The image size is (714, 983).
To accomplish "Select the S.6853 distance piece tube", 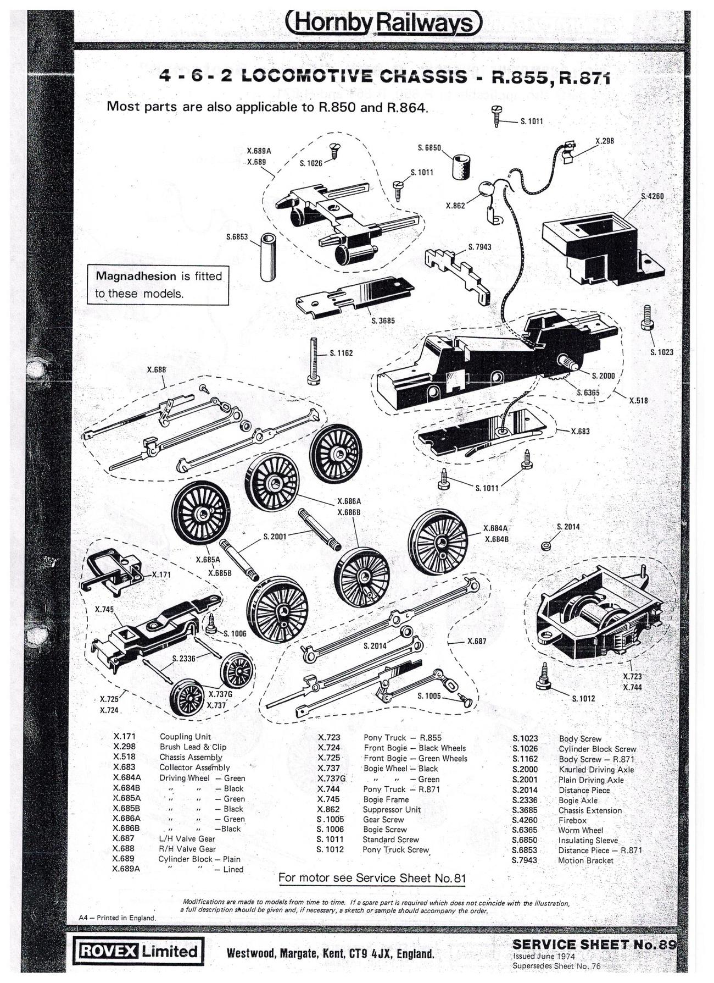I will tap(269, 257).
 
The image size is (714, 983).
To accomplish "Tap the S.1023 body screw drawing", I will tap(647, 318).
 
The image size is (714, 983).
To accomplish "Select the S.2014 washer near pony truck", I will tap(546, 546).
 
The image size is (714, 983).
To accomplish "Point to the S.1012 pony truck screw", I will tap(544, 677).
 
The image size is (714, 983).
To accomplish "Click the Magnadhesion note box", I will tap(158, 285).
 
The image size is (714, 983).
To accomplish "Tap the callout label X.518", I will tap(638, 400).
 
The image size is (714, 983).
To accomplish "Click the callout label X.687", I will tap(477, 641).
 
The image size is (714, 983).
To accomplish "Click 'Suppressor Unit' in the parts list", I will tap(392, 809).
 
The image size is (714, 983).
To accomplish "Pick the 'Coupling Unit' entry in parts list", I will tap(185, 737).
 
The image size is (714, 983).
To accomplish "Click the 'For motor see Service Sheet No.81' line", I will tap(372, 878).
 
